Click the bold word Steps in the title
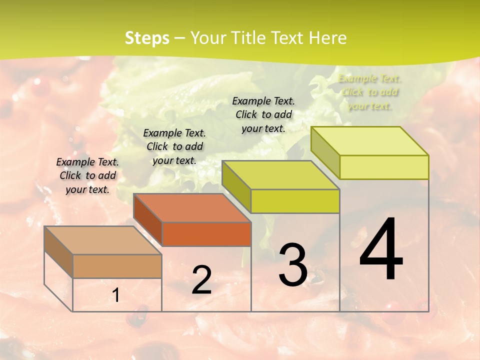pyautogui.click(x=147, y=38)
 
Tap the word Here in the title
pyautogui.click(x=327, y=38)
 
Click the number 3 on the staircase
pyautogui.click(x=292, y=264)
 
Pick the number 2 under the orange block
pyautogui.click(x=201, y=280)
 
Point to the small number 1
pyautogui.click(x=116, y=295)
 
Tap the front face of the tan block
pyautogui.click(x=117, y=266)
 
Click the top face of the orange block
pyautogui.click(x=192, y=207)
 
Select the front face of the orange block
pyautogui.click(x=206, y=234)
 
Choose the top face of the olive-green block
pyautogui.click(x=280, y=175)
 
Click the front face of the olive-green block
pyautogui.click(x=295, y=201)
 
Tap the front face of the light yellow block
pyautogui.click(x=384, y=167)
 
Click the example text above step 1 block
pyautogui.click(x=87, y=175)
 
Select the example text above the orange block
pyautogui.click(x=174, y=146)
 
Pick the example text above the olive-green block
pyautogui.click(x=263, y=114)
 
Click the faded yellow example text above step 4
pyautogui.click(x=369, y=92)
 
